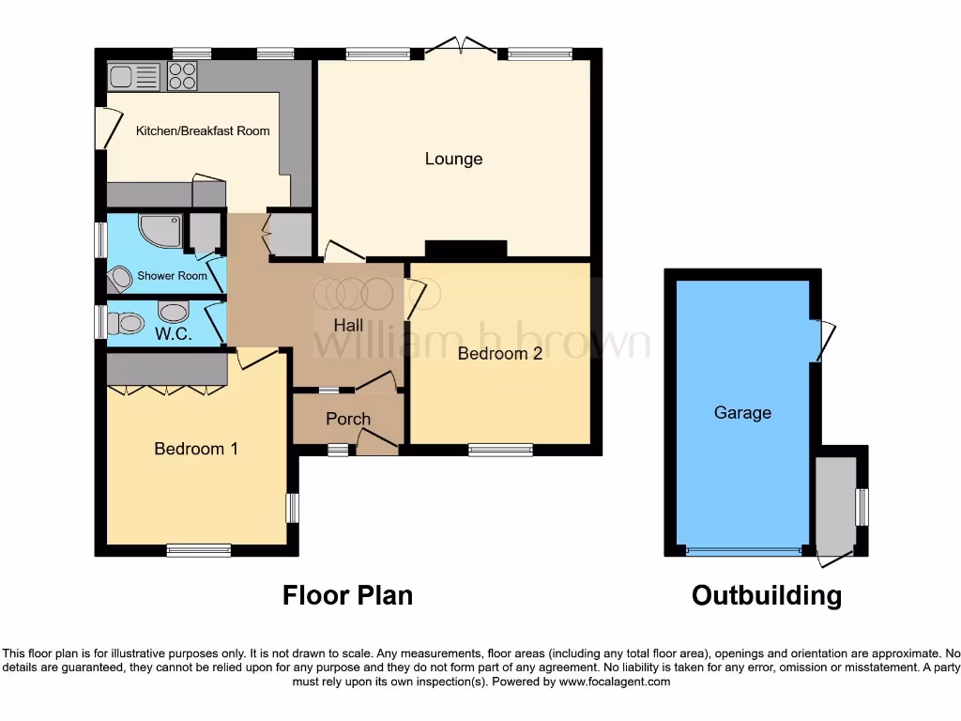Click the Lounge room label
pyautogui.click(x=453, y=159)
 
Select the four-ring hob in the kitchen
pyautogui.click(x=182, y=76)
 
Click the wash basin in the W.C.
pyautogui.click(x=174, y=311)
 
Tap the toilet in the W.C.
pyautogui.click(x=123, y=324)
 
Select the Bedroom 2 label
pyautogui.click(x=499, y=354)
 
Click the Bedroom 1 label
pyautogui.click(x=196, y=449)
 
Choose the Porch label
pyautogui.click(x=348, y=419)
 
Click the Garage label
pyautogui.click(x=742, y=412)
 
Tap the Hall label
pyautogui.click(x=349, y=324)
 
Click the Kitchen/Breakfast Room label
pyautogui.click(x=203, y=130)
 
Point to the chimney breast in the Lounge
pyautogui.click(x=466, y=249)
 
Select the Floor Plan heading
pyautogui.click(x=347, y=595)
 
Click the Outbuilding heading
pyautogui.click(x=766, y=595)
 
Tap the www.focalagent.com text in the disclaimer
pyautogui.click(x=615, y=682)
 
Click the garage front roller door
pyautogui.click(x=743, y=550)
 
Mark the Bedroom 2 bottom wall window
pyautogui.click(x=500, y=451)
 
